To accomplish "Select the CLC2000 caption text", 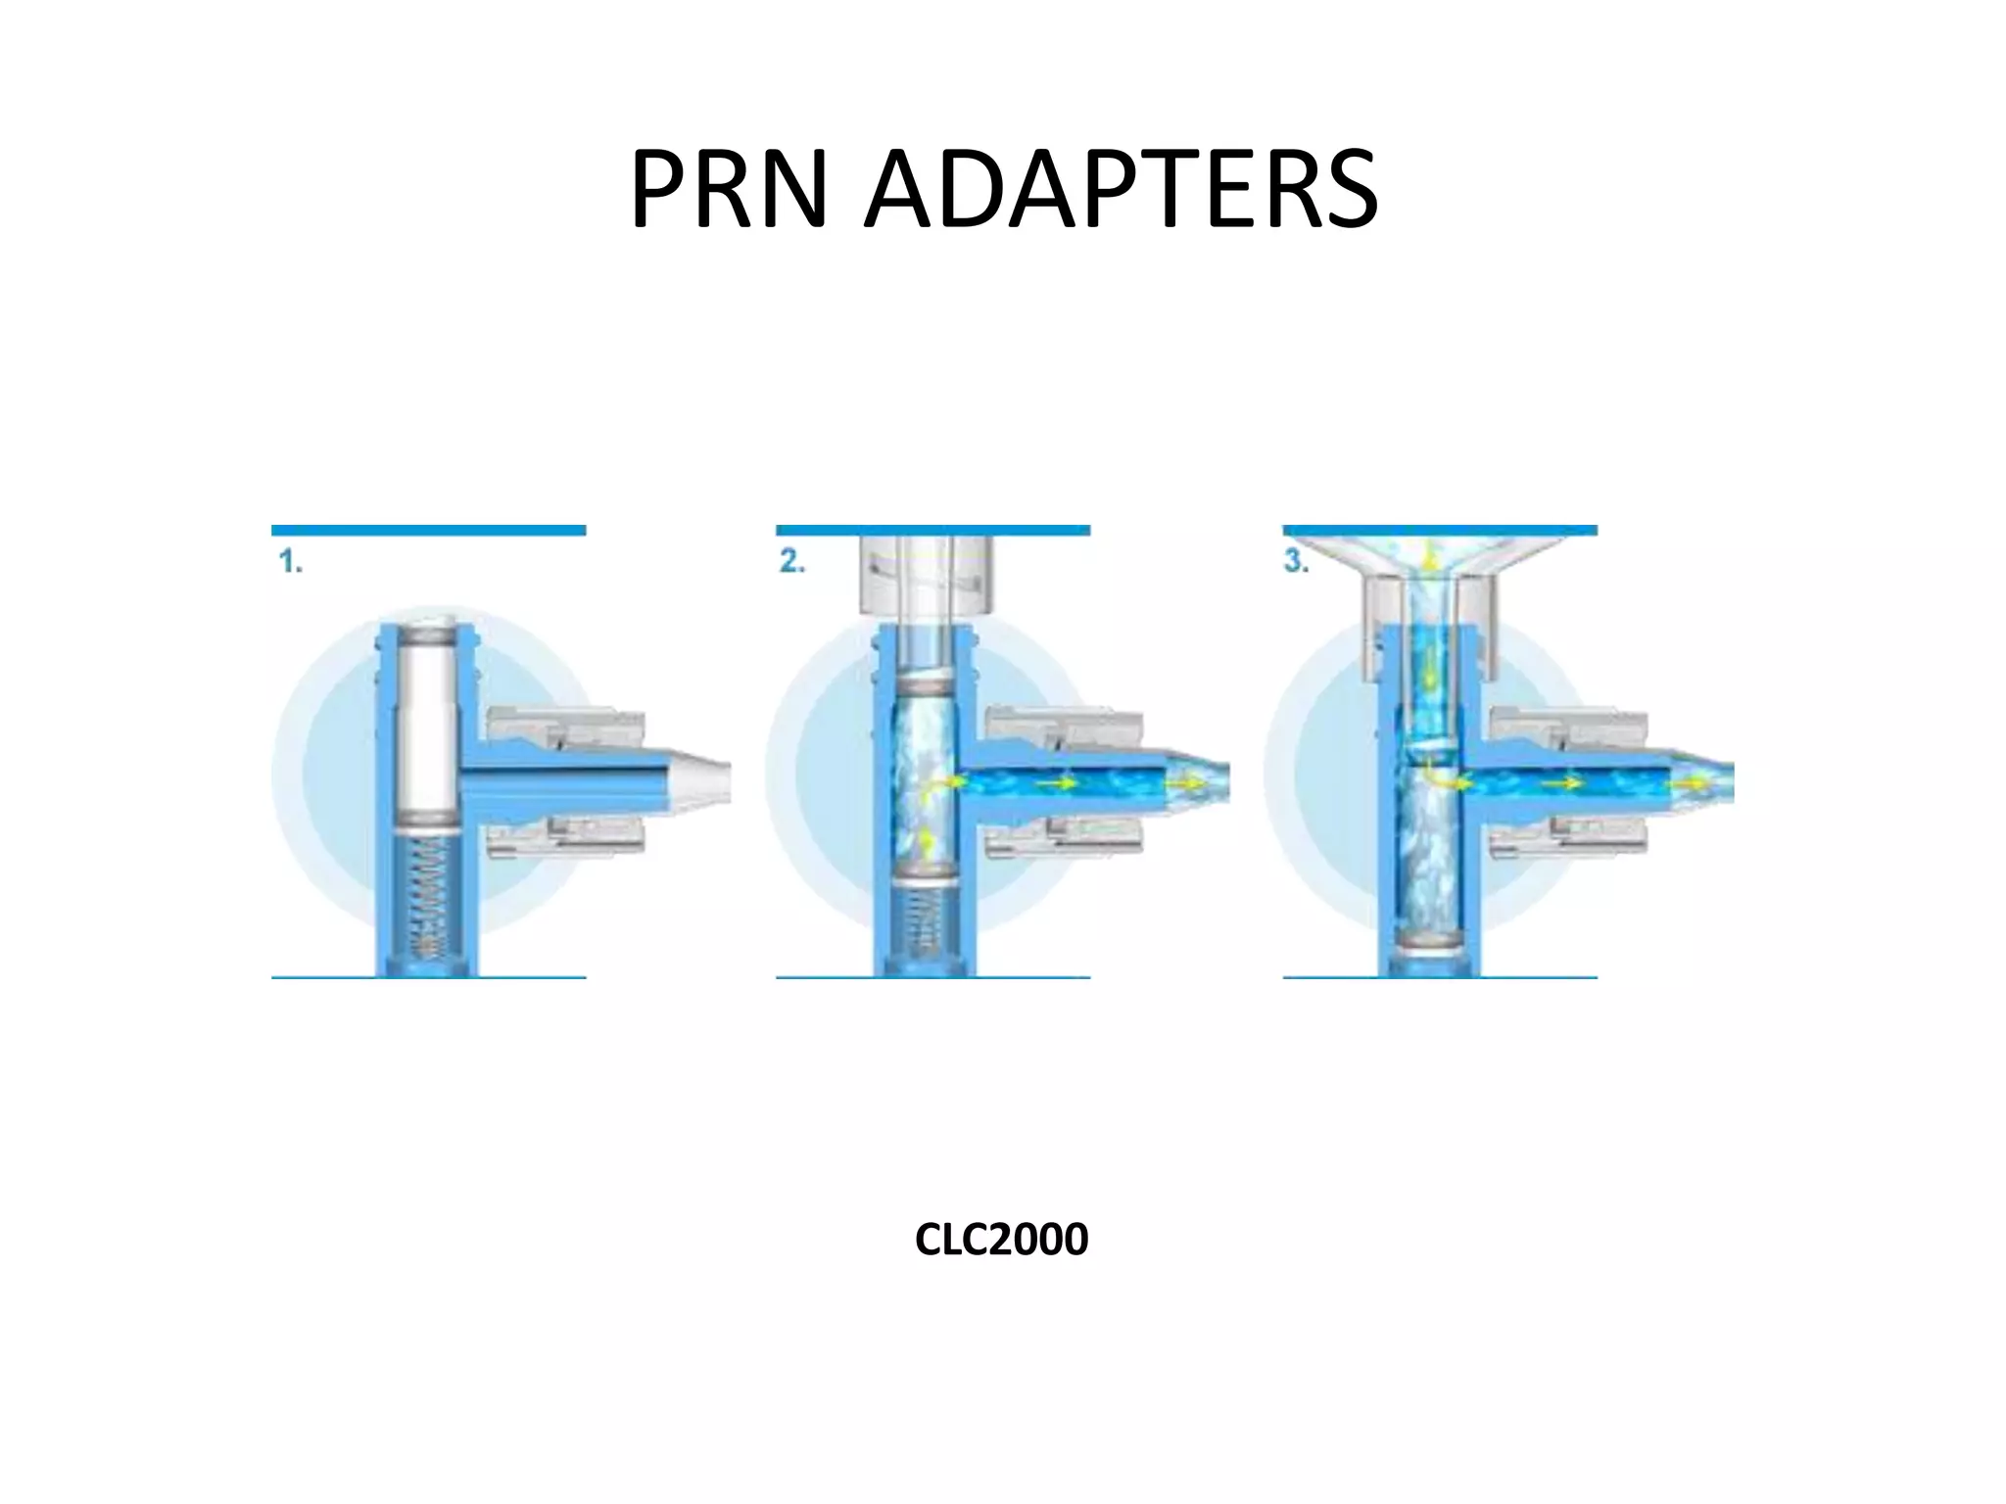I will pos(1001,1240).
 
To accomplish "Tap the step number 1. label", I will pos(290,563).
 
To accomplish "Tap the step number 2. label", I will pos(792,563).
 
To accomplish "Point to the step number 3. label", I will pos(1297,563).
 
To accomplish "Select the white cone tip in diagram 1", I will pos(700,774).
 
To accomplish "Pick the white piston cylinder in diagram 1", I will pos(427,725).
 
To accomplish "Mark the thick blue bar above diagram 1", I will pos(428,531).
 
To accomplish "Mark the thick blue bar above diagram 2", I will pos(932,531).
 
